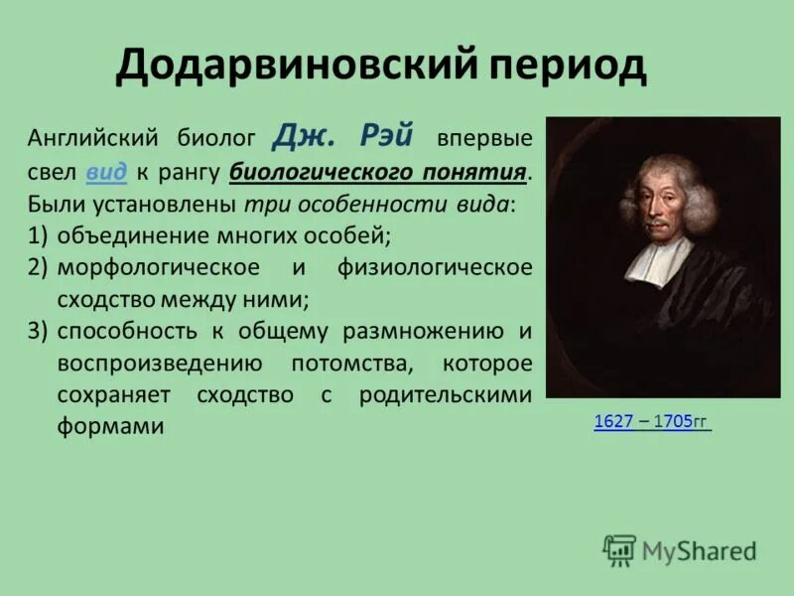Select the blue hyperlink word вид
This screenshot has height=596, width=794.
tap(106, 171)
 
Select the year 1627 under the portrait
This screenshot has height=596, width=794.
tap(613, 421)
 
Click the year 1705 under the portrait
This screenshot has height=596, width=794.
tap(672, 421)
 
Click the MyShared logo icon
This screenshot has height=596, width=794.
tap(619, 550)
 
